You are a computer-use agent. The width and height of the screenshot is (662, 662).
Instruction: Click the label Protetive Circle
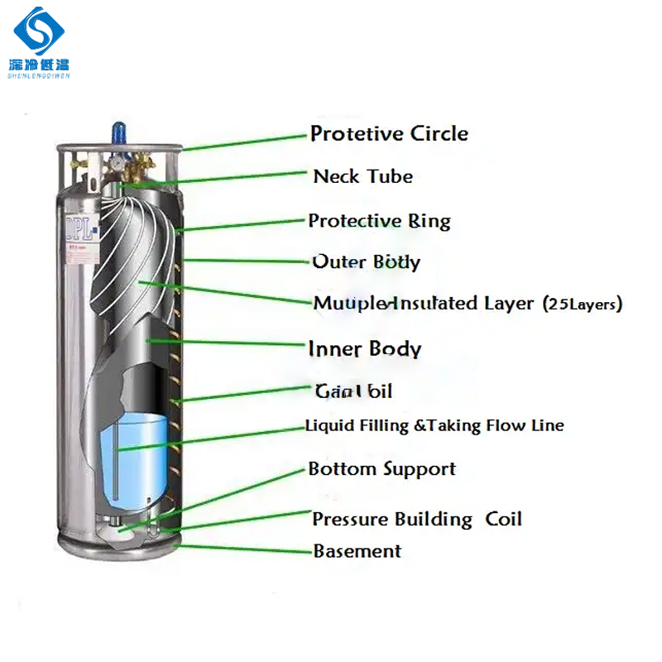(389, 134)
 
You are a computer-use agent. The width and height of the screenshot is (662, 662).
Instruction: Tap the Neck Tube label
(362, 176)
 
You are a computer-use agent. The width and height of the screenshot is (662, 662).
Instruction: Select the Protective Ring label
(379, 221)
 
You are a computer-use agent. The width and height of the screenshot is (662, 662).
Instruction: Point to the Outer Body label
(366, 262)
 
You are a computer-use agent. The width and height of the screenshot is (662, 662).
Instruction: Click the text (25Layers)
(582, 305)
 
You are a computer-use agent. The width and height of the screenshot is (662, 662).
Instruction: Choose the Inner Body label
(364, 348)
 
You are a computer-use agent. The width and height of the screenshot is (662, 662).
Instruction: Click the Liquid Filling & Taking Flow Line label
(434, 426)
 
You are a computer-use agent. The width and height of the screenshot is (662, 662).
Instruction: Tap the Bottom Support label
(381, 469)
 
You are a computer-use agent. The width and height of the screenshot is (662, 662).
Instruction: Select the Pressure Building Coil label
(417, 520)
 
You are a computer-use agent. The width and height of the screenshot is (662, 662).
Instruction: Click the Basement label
(357, 551)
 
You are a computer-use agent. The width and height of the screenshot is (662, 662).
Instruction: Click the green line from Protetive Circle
(244, 142)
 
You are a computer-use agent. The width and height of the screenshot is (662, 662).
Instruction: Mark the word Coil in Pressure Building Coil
(503, 520)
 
